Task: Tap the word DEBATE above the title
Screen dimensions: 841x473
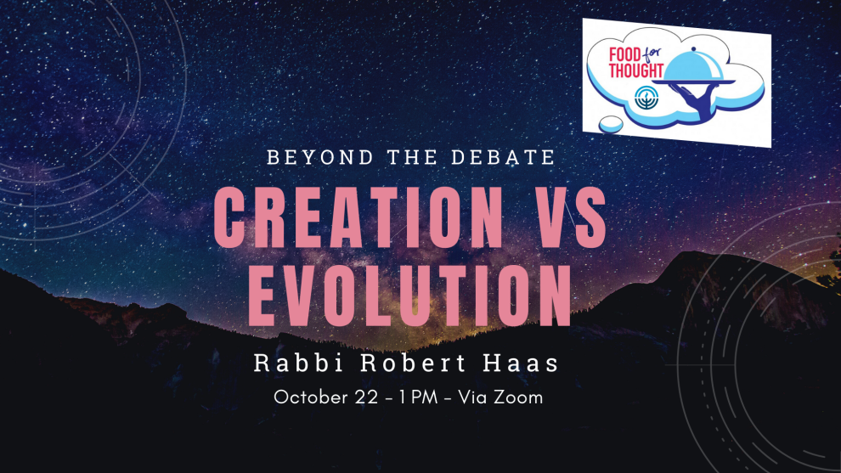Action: tap(503, 158)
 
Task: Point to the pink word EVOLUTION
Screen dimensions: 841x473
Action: tap(410, 296)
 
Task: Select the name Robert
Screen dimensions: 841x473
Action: tap(413, 363)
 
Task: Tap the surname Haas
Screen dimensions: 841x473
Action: tap(521, 363)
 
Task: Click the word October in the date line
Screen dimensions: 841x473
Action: tap(311, 397)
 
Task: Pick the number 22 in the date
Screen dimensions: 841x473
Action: tap(366, 397)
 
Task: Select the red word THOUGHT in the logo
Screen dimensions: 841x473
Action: tap(636, 70)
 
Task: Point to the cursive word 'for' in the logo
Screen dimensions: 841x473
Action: tap(652, 54)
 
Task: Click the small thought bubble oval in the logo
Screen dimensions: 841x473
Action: tap(611, 125)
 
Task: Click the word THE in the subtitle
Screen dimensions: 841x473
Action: tap(413, 158)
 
